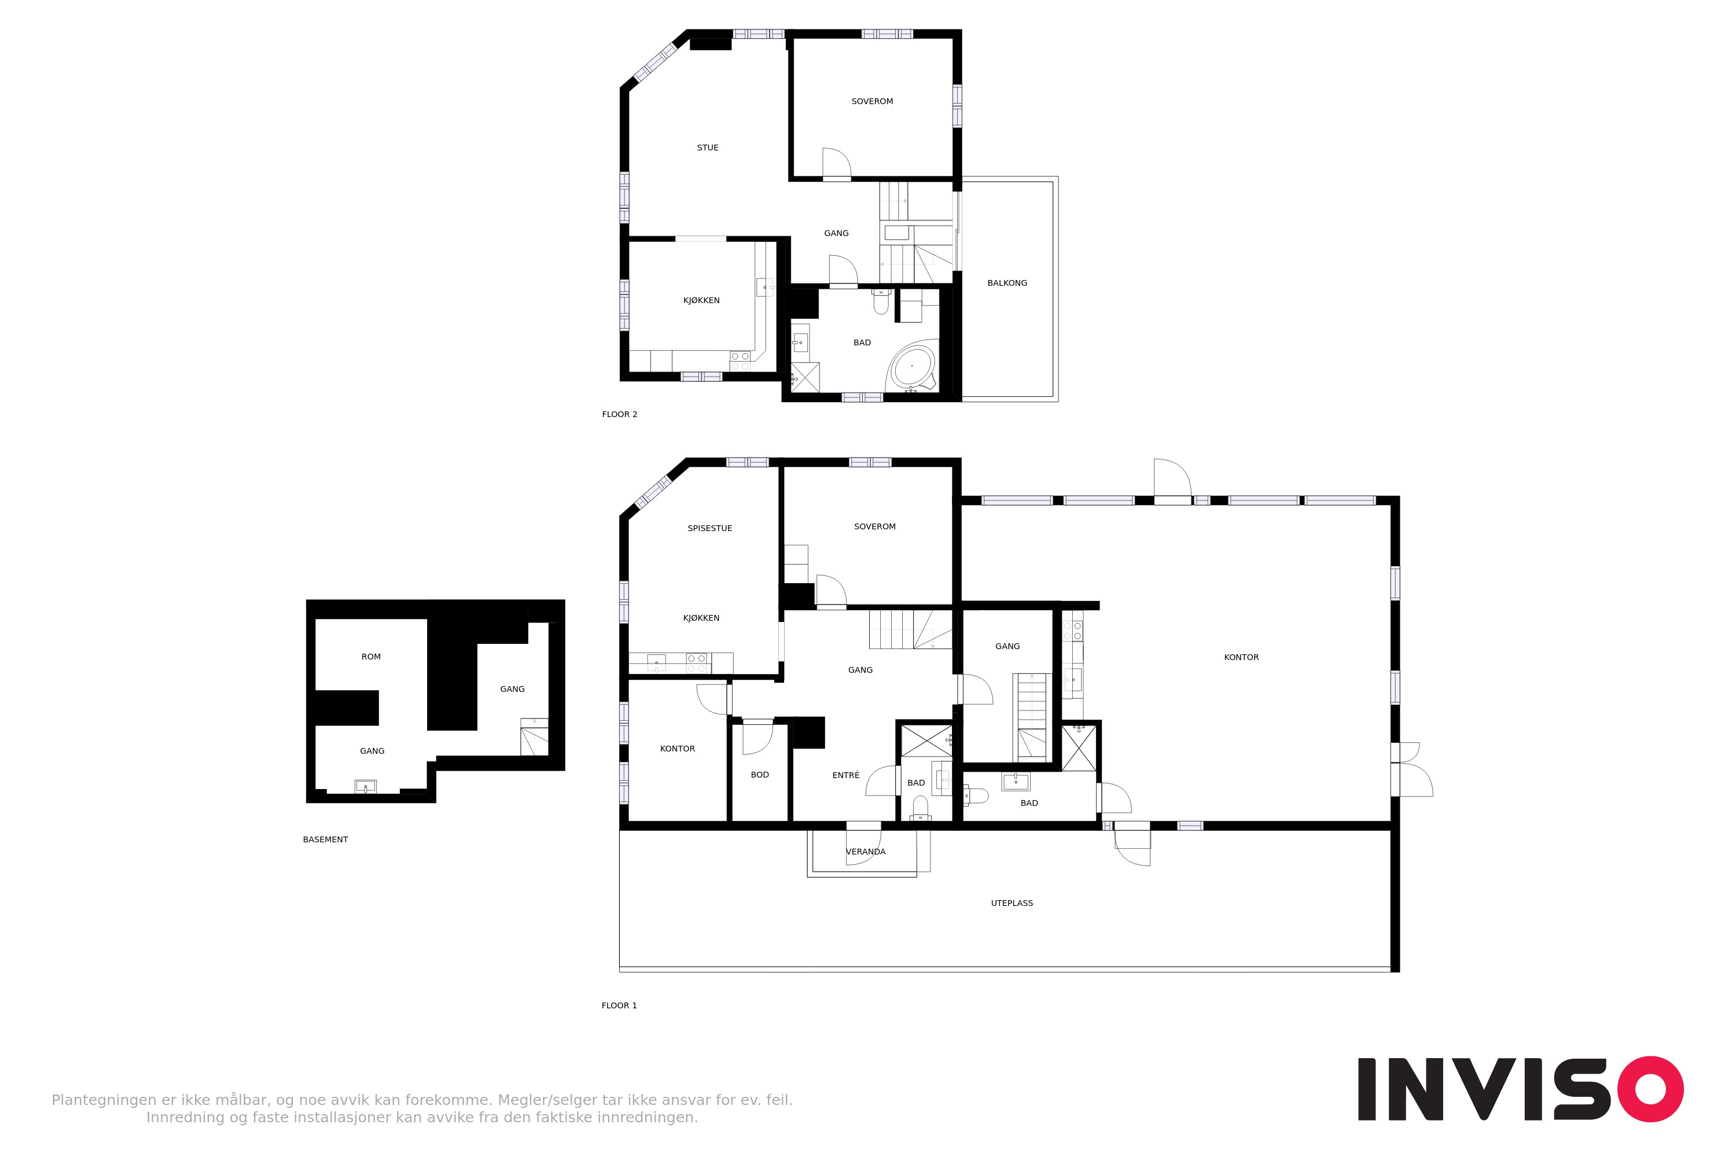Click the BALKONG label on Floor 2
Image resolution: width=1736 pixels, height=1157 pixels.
pos(1007,283)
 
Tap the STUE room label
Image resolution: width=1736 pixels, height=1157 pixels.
pos(707,148)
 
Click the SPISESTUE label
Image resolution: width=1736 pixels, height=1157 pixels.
pos(709,528)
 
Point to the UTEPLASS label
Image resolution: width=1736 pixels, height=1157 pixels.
pos(1011,903)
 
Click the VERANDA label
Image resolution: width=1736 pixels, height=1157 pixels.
pos(865,852)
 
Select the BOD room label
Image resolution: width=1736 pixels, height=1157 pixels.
pos(759,775)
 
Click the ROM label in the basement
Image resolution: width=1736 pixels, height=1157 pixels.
pos(370,657)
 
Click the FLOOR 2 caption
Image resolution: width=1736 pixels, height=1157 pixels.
pos(619,415)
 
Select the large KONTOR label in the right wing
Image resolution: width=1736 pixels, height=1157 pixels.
pos(1241,657)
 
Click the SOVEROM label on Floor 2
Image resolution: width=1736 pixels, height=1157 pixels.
pos(871,102)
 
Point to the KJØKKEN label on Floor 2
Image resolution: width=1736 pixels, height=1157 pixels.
pos(701,301)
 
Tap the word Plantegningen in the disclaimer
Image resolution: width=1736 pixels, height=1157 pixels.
pos(104,1101)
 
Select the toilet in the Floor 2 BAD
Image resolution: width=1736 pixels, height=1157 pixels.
pos(881,301)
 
